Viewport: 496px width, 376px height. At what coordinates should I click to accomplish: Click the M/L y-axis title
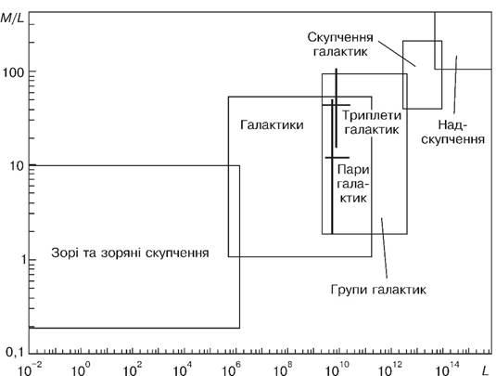[x=12, y=18]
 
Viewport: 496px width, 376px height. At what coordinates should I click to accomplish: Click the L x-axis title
[x=485, y=370]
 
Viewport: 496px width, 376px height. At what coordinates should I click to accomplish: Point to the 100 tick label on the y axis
[x=13, y=72]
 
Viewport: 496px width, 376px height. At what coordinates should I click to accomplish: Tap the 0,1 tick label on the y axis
[x=13, y=352]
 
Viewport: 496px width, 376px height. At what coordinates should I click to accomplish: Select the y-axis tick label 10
[x=17, y=165]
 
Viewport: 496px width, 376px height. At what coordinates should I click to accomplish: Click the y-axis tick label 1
[x=23, y=260]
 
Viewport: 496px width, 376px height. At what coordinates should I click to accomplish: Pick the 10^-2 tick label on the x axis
[x=30, y=369]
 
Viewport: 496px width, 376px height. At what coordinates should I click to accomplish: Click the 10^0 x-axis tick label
[x=81, y=369]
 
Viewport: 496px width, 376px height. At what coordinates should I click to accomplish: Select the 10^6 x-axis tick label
[x=231, y=369]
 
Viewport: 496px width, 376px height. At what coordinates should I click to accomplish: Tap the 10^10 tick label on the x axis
[x=337, y=369]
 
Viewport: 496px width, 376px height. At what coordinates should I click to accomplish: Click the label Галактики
[x=272, y=124]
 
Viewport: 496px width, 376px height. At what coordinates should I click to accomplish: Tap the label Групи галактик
[x=378, y=290]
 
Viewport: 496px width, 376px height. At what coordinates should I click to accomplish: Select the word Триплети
[x=372, y=115]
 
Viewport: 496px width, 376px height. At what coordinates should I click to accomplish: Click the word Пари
[x=353, y=170]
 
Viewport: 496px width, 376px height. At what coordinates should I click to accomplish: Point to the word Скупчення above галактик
[x=340, y=37]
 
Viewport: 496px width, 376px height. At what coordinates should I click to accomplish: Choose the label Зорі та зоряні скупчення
[x=130, y=253]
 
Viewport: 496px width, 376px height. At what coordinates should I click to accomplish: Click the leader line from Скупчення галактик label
[x=397, y=53]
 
